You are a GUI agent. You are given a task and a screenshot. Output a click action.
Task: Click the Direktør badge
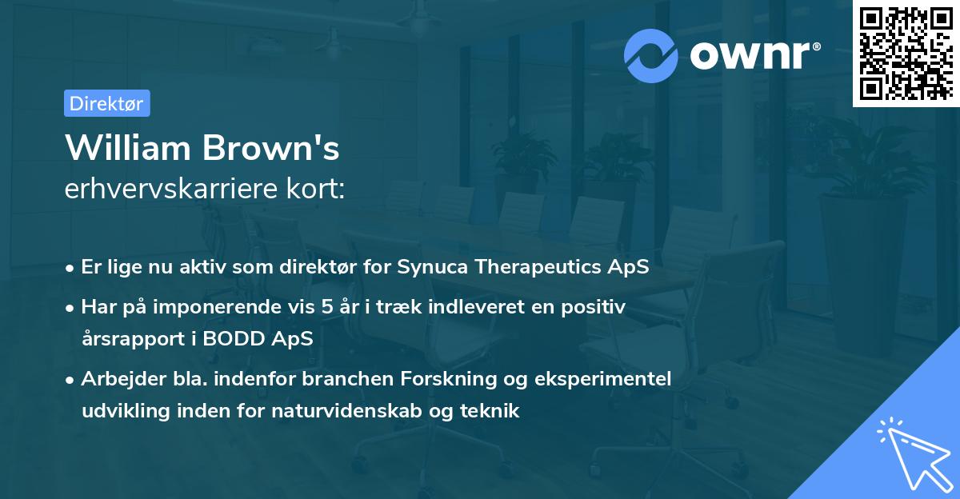[106, 103]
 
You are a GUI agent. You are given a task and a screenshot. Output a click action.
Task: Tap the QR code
[906, 54]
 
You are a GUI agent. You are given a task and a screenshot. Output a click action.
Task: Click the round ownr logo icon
[650, 55]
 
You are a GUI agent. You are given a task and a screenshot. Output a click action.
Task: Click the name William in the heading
[127, 148]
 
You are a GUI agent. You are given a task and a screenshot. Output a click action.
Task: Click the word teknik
[492, 411]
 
